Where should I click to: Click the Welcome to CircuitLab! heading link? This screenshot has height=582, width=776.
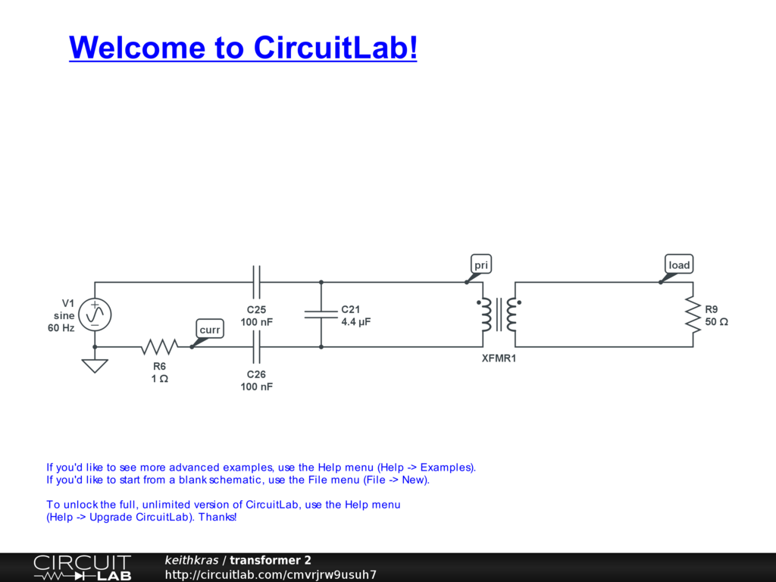point(242,48)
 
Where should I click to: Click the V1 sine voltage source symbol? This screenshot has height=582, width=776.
point(95,314)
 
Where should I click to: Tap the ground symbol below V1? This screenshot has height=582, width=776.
point(95,366)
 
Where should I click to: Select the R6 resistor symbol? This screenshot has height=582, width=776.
point(159,347)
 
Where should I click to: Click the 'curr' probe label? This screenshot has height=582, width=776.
point(210,330)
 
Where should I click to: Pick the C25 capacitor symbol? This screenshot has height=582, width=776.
point(256,283)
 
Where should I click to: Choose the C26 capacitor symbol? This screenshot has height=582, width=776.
point(256,347)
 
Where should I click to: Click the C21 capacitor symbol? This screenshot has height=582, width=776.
point(321,314)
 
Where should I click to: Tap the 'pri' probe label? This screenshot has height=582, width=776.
point(481,264)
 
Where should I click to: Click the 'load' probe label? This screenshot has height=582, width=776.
point(679,264)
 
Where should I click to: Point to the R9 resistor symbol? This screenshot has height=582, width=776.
point(693,314)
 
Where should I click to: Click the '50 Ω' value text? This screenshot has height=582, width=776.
point(716,322)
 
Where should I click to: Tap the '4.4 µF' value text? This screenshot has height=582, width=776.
point(355,322)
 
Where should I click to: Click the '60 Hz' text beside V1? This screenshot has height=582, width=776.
point(61,328)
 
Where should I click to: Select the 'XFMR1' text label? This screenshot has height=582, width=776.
point(499,358)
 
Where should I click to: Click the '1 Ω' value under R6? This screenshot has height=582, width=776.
point(159,378)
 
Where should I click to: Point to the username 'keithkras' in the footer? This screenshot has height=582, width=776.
point(191,561)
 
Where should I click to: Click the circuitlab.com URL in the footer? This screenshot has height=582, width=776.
point(271,575)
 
